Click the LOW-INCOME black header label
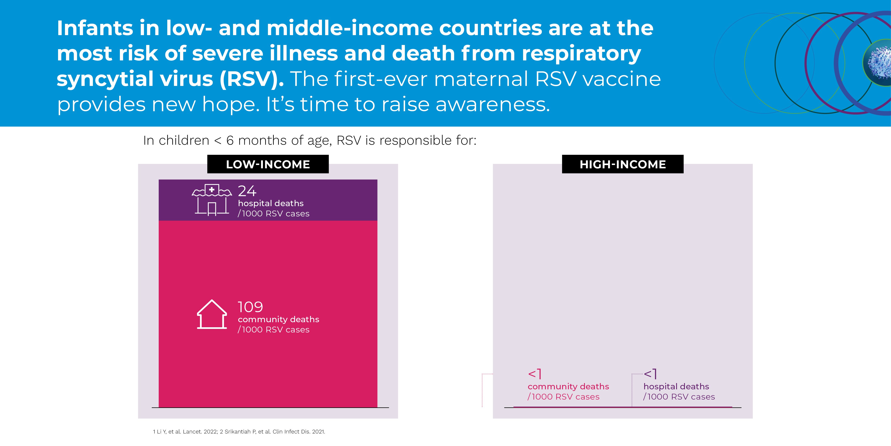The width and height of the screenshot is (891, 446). click(x=268, y=164)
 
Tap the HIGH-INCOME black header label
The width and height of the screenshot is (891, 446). click(x=623, y=164)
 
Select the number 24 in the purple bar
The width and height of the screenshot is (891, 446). click(x=247, y=191)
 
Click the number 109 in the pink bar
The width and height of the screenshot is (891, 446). click(x=250, y=307)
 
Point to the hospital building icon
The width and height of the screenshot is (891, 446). click(x=212, y=200)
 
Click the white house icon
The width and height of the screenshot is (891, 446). click(x=212, y=314)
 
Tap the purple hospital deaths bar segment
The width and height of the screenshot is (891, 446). click(x=339, y=200)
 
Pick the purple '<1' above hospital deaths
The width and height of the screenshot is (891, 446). click(x=650, y=374)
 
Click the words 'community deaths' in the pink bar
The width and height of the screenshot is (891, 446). click(x=278, y=319)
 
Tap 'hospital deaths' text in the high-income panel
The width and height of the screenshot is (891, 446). click(x=676, y=386)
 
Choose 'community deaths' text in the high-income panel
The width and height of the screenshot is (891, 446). click(x=568, y=386)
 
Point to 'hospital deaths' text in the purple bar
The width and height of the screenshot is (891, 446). click(x=270, y=203)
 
